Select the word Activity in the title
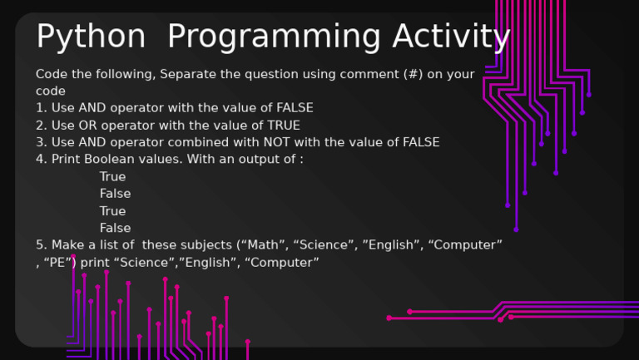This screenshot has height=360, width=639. tap(451, 38)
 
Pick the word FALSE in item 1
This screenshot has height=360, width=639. tap(295, 108)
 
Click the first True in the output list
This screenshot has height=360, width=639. tap(112, 177)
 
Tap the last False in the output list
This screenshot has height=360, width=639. tap(115, 228)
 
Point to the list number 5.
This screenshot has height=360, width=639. tap(40, 245)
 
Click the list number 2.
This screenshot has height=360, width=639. tap(40, 126)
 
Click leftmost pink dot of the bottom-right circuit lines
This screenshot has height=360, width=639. tap(389, 318)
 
